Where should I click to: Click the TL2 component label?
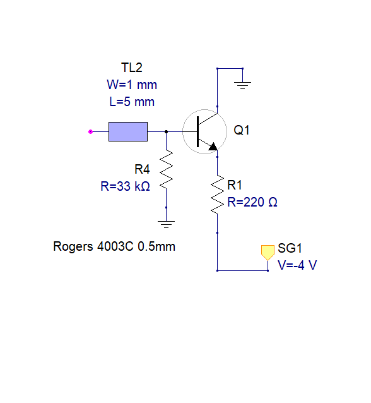[131, 68]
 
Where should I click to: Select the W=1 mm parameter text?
[132, 85]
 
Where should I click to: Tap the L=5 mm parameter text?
[132, 102]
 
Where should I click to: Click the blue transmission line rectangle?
[128, 131]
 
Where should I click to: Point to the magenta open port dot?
[90, 132]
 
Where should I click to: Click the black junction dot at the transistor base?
[166, 132]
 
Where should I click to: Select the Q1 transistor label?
[242, 130]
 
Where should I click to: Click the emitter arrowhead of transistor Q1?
[213, 147]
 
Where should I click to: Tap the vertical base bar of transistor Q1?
[197, 131]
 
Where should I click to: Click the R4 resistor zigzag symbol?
[166, 170]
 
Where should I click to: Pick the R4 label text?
[142, 169]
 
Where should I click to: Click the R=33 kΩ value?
[125, 186]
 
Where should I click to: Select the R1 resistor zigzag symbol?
[217, 195]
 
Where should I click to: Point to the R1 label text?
[235, 185]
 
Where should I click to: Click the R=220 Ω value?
[252, 202]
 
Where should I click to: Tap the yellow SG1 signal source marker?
[268, 253]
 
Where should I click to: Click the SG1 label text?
[290, 248]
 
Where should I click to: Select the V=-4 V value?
[297, 265]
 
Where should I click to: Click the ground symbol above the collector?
[242, 85]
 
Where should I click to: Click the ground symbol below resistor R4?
[166, 224]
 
